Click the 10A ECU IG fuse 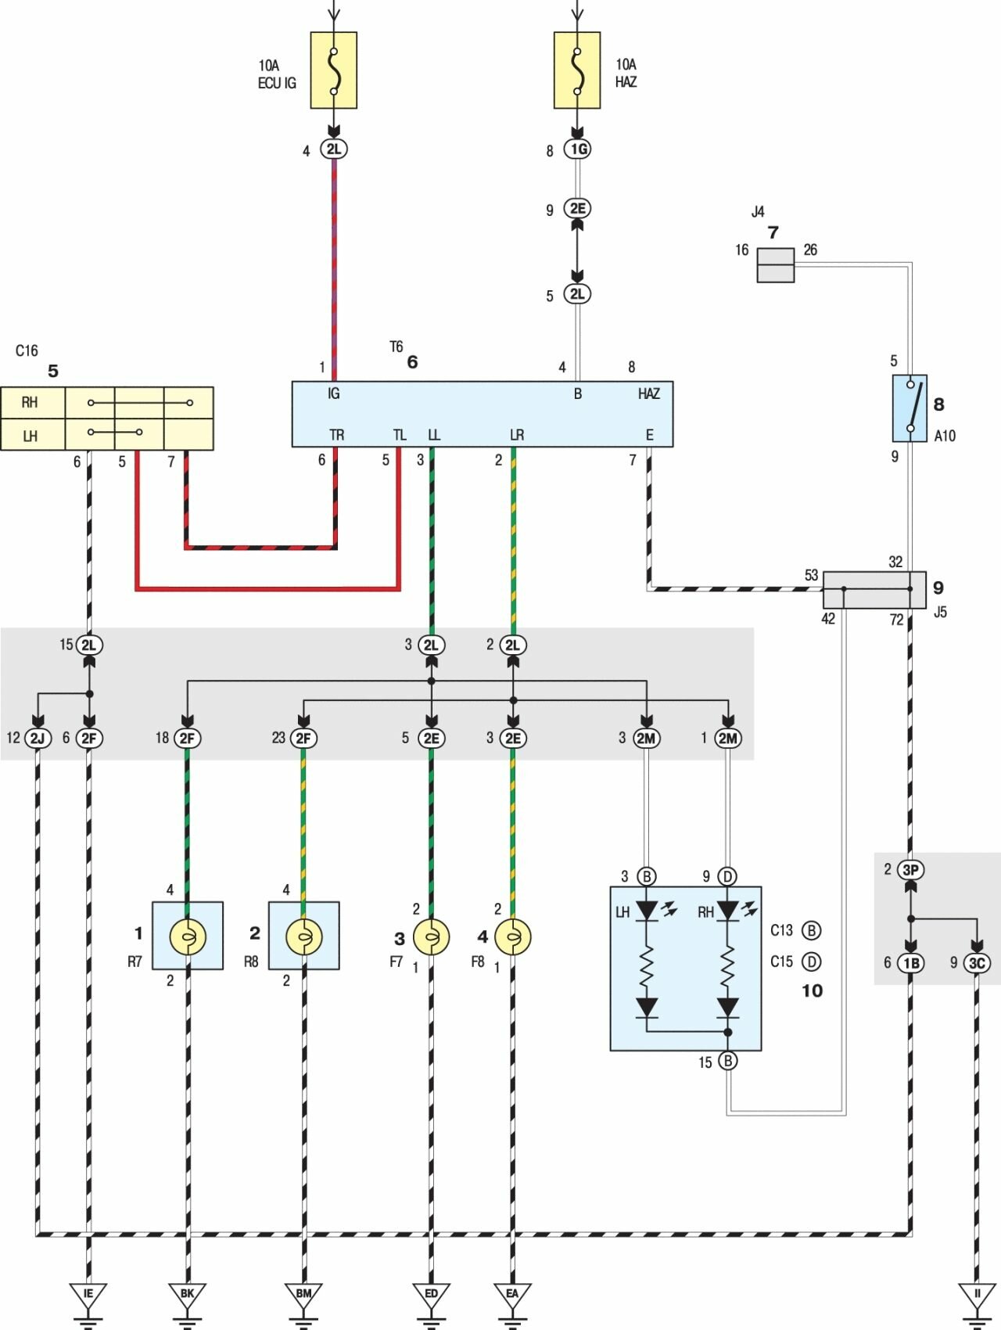click(334, 70)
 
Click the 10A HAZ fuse click(577, 70)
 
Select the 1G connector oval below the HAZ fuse click(577, 149)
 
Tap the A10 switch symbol click(910, 408)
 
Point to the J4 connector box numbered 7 click(775, 264)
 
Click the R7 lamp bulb click(188, 936)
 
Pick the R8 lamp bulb click(304, 936)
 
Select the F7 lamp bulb click(431, 936)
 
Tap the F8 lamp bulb click(513, 936)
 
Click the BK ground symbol click(188, 1295)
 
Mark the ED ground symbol click(431, 1295)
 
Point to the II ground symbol click(977, 1295)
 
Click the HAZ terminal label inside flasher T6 click(649, 394)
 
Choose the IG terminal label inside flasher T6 click(334, 394)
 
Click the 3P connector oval click(910, 870)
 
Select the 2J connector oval click(38, 738)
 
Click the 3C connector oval click(977, 963)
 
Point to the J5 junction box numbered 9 click(874, 590)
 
